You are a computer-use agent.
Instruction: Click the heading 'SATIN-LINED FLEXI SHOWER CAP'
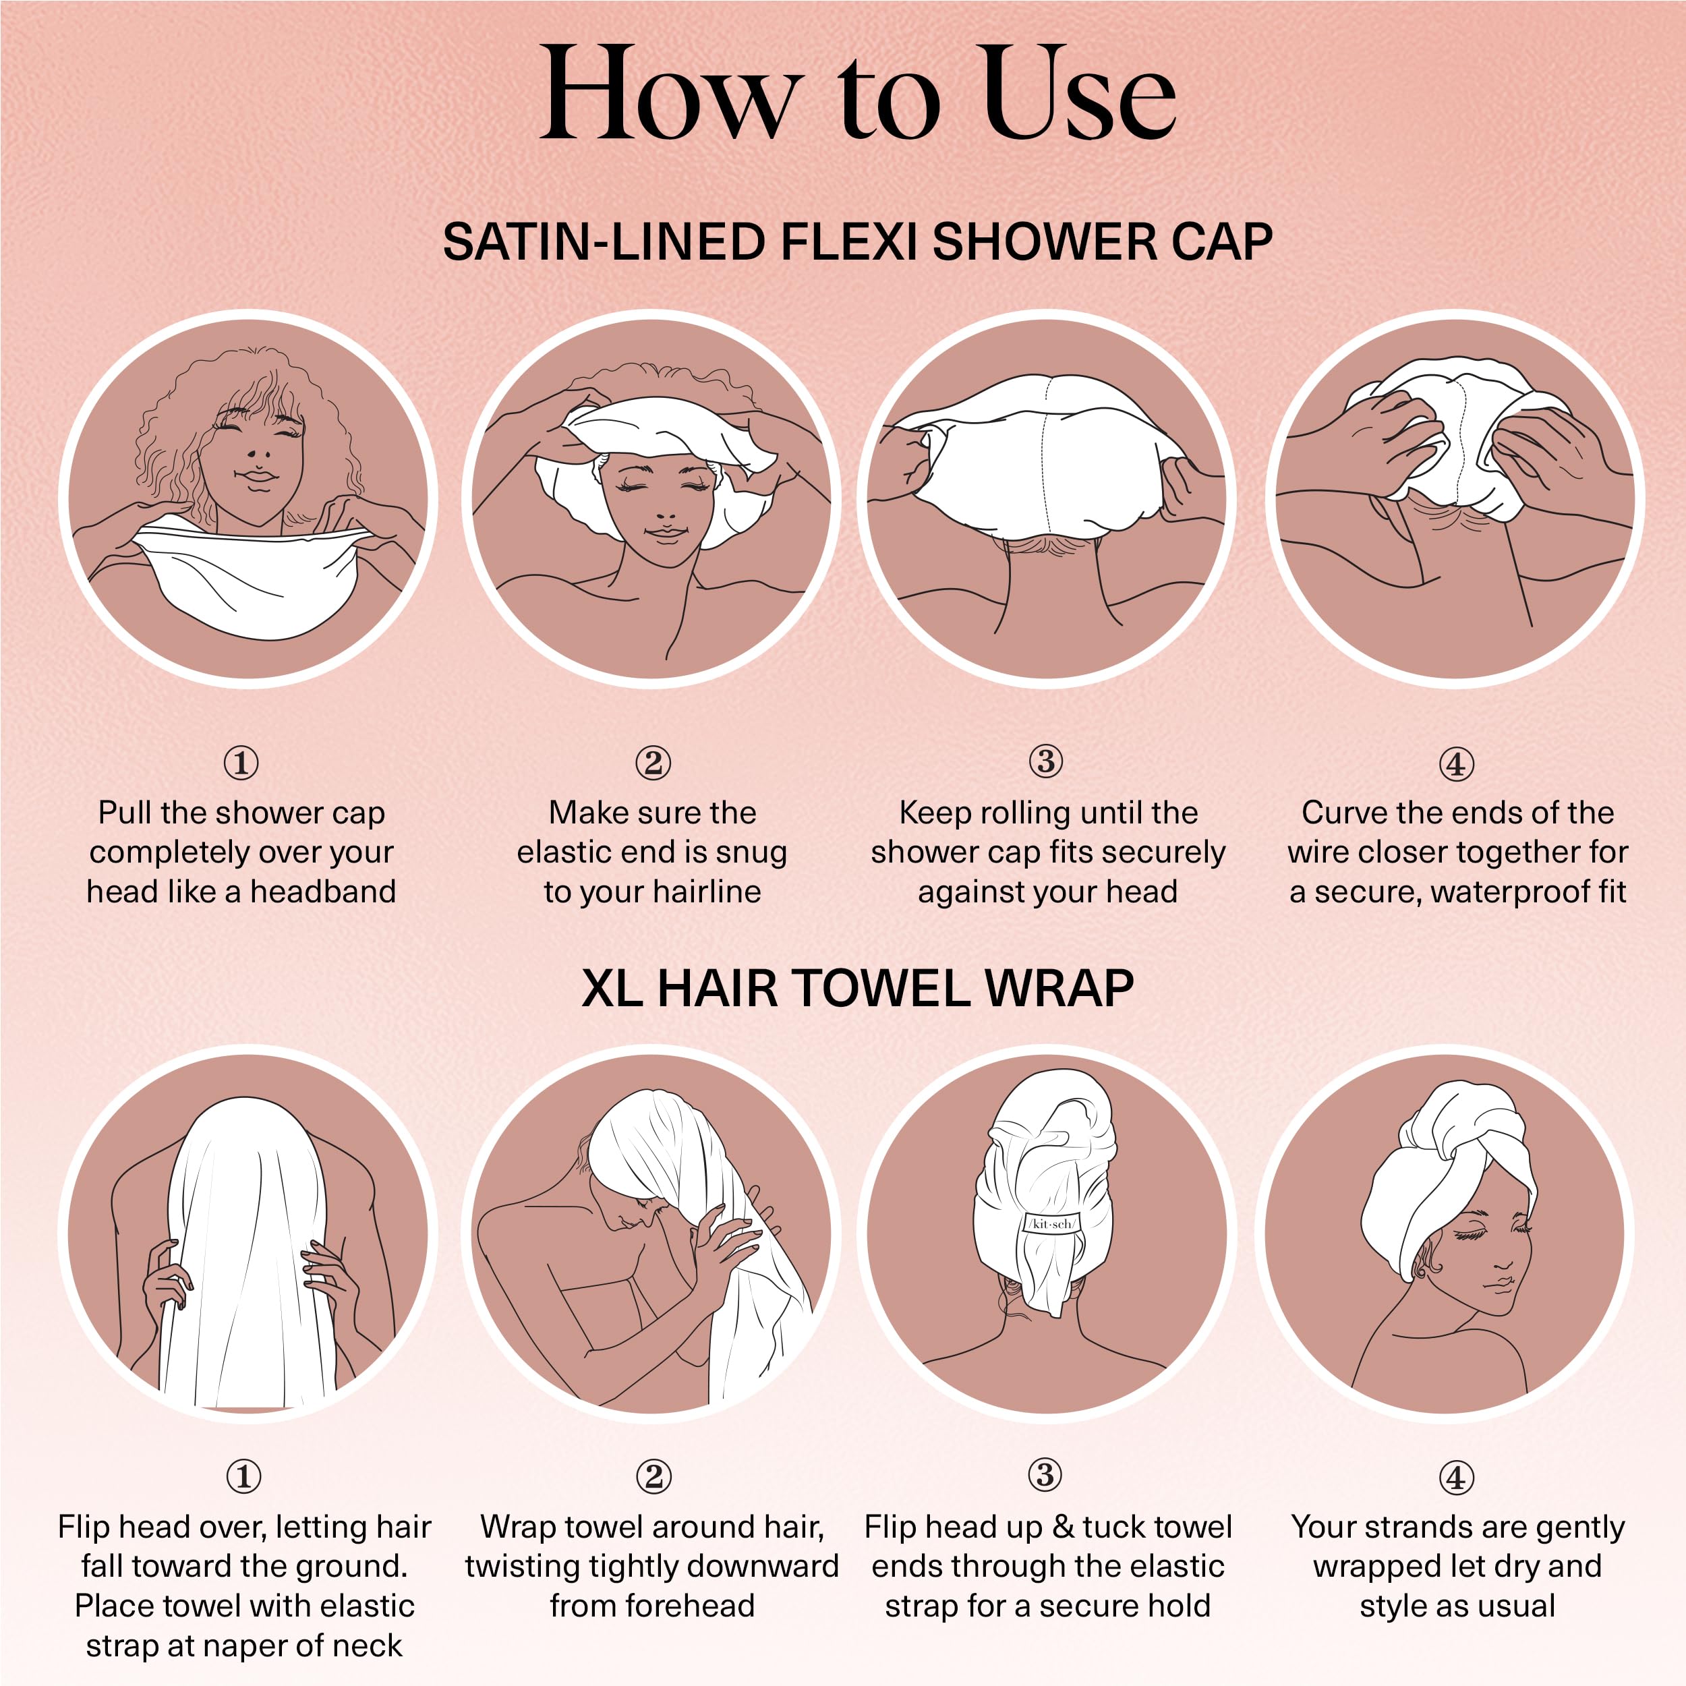tap(858, 241)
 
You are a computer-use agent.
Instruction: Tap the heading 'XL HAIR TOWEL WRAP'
tap(858, 989)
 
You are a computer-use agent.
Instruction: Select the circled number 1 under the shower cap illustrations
tap(241, 763)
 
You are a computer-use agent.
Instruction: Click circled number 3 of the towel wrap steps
tap(1045, 1475)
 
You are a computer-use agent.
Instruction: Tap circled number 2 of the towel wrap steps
tap(653, 1476)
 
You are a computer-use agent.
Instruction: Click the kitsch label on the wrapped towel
tap(1051, 1223)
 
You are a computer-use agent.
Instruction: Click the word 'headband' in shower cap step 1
tap(323, 891)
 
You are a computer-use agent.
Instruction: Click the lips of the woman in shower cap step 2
tap(665, 532)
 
